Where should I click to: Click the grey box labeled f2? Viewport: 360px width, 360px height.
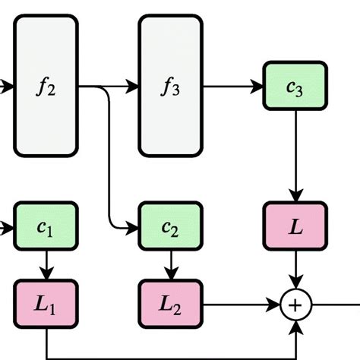pyautogui.click(x=46, y=86)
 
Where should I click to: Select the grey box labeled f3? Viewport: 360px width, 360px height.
pyautogui.click(x=170, y=86)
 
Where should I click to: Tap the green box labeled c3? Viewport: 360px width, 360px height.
pyautogui.click(x=295, y=86)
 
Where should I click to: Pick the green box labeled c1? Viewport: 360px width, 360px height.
pyautogui.click(x=46, y=226)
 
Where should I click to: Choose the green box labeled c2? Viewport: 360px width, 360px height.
pyautogui.click(x=170, y=226)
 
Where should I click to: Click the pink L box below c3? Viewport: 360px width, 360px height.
pyautogui.click(x=295, y=226)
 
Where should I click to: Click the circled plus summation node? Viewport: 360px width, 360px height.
pyautogui.click(x=295, y=305)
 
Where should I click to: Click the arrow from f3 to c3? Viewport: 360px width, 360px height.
pyautogui.click(x=232, y=87)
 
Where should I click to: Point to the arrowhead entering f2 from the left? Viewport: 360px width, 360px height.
pyautogui.click(x=8, y=87)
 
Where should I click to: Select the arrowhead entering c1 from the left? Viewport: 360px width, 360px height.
pyautogui.click(x=8, y=226)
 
